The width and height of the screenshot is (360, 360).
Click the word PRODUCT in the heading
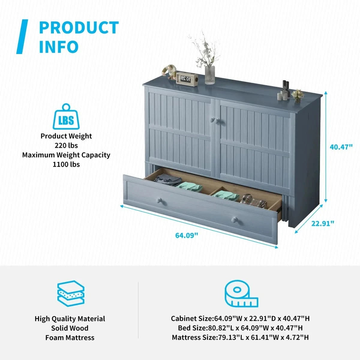(x=79, y=28)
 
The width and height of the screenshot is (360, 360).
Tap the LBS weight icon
(x=66, y=117)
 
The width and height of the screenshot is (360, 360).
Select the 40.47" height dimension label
(x=341, y=147)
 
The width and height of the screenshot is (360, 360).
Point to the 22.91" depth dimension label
(x=322, y=223)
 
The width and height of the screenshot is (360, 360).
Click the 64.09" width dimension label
(x=186, y=235)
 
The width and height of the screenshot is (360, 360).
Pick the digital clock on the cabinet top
(x=187, y=79)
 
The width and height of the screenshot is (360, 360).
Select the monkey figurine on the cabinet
(x=169, y=72)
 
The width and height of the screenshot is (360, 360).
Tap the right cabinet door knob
(x=217, y=121)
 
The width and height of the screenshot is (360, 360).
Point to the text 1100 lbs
(x=66, y=165)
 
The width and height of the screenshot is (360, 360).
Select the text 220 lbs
(x=66, y=145)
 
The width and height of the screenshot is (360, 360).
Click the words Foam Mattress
(x=70, y=337)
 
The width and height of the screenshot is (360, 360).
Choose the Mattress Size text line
(x=240, y=337)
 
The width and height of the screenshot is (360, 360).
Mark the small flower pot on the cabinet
(x=297, y=96)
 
